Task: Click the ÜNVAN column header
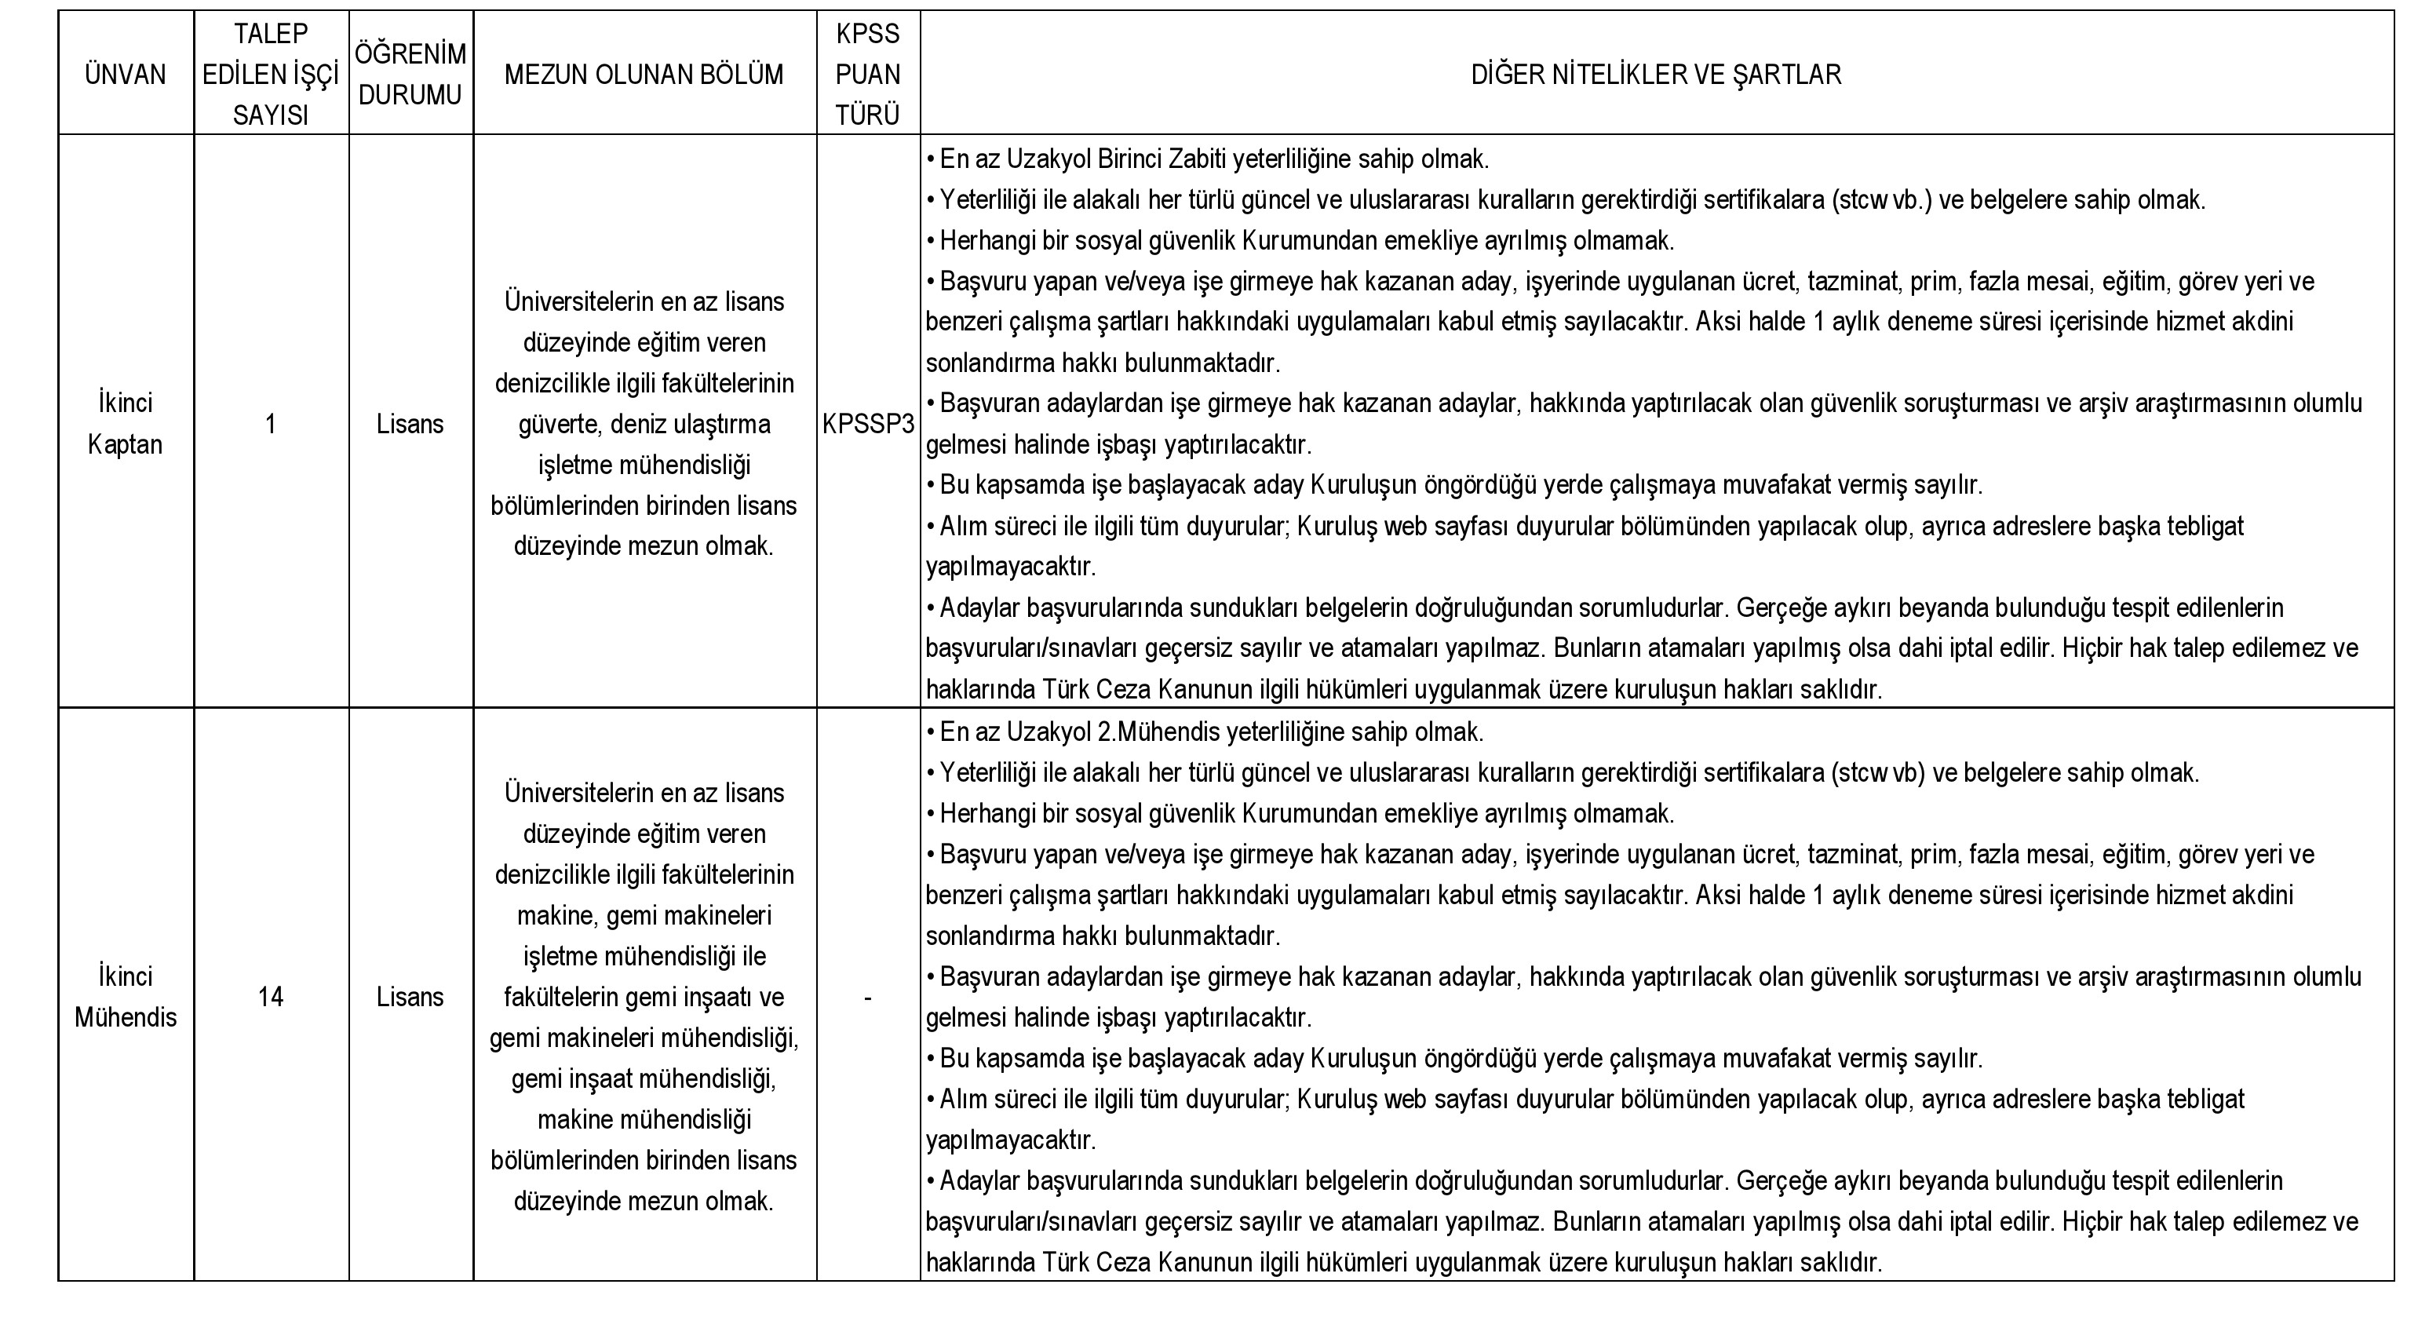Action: (125, 74)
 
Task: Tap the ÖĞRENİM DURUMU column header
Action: (410, 74)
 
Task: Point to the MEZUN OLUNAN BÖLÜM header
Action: (644, 74)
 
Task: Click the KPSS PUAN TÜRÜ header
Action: (867, 74)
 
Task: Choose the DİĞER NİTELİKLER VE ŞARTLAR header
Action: (1656, 74)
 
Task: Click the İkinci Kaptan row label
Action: (125, 423)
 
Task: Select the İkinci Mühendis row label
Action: (125, 997)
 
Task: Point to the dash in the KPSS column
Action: (867, 998)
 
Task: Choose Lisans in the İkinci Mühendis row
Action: (410, 997)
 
